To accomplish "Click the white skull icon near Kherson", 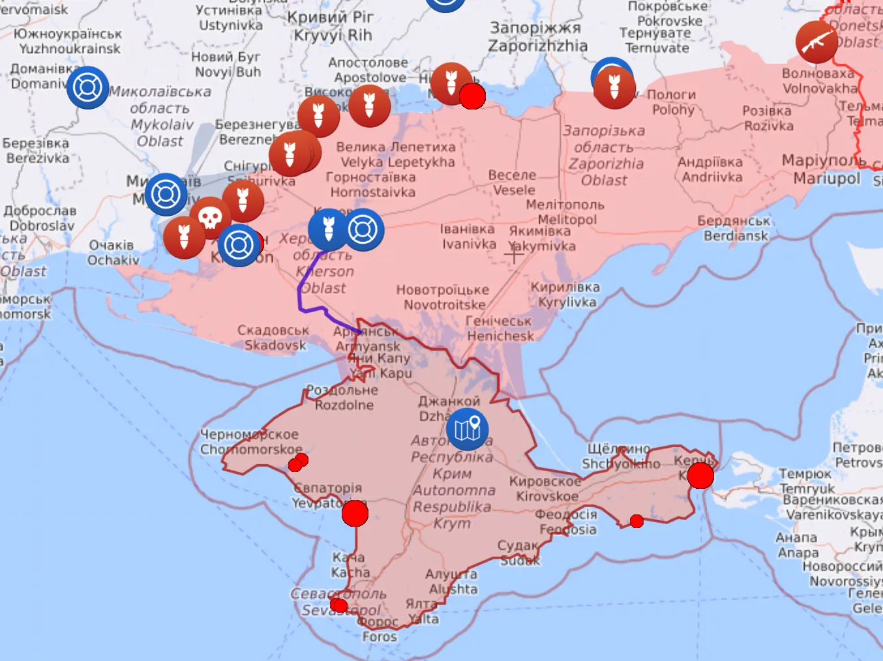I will click(210, 218).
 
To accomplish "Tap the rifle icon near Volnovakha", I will click(816, 42).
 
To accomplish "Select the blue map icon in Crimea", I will click(468, 429).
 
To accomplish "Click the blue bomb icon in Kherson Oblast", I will click(329, 229).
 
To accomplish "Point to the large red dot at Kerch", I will click(700, 475).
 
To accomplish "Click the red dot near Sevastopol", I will click(338, 606).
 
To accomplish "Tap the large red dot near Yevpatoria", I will click(355, 513).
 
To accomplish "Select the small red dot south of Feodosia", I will click(636, 521).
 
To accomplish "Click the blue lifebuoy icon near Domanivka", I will click(87, 87).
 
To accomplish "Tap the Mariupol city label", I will click(826, 169).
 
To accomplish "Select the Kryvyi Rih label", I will click(331, 26).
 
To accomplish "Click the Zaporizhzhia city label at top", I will click(537, 37).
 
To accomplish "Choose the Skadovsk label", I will click(274, 338).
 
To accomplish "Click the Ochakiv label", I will click(113, 253).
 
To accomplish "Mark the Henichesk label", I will click(500, 329).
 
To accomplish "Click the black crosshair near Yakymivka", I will click(514, 255).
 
